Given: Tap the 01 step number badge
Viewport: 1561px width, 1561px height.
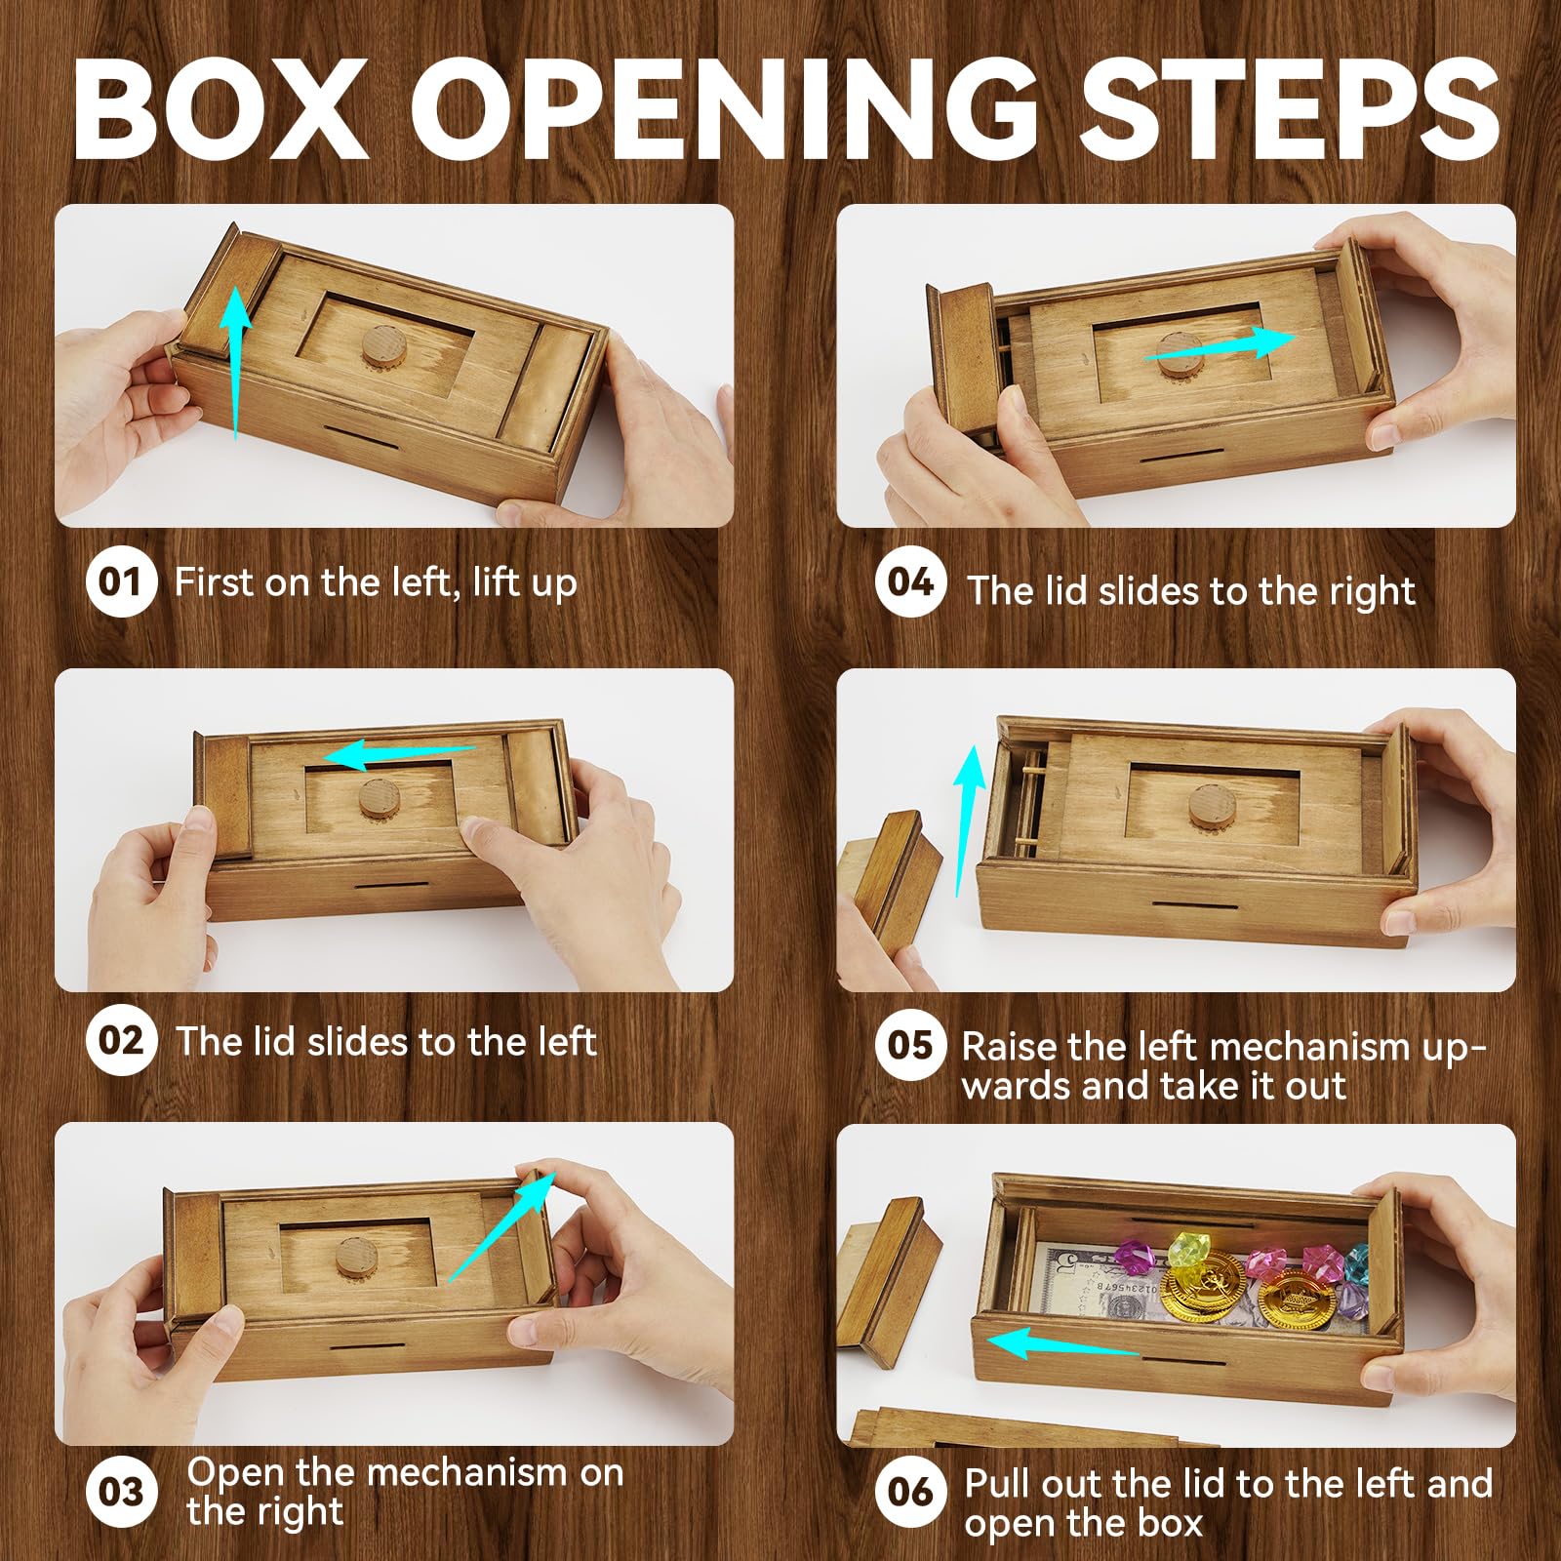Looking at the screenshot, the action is pos(121,581).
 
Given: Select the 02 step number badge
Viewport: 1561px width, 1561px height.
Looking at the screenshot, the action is pos(121,1040).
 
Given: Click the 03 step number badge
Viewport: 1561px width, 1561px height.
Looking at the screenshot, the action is pos(121,1492).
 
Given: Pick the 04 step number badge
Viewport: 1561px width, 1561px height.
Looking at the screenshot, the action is pos(910,581).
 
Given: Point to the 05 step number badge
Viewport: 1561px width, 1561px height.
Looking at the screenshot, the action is pos(910,1045).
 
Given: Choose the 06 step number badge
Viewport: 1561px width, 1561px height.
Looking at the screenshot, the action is pos(910,1491).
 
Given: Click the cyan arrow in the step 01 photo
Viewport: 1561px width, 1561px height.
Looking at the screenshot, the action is pos(235,366).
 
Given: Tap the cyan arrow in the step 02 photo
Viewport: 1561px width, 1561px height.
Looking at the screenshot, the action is pos(400,754).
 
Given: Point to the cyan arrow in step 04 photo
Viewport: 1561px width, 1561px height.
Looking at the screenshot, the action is pos(1220,346).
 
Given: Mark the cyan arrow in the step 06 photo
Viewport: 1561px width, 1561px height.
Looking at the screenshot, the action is pos(1062,1343).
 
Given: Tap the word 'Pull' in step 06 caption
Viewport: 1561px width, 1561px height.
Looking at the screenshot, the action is pos(999,1484).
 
